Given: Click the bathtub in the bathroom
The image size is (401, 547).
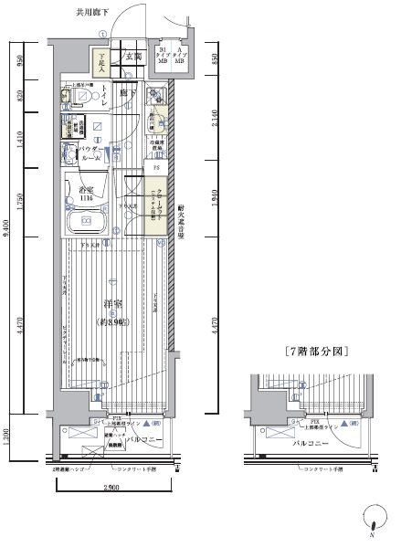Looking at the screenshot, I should [87, 221].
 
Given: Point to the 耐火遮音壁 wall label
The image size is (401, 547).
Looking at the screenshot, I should [183, 220].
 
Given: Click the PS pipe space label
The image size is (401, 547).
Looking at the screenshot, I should [156, 168].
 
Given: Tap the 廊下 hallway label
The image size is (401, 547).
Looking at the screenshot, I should [132, 93].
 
